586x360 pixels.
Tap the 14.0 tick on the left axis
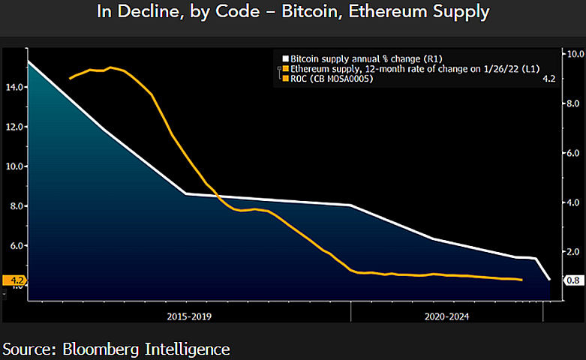(14, 87)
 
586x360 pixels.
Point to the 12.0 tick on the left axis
(14, 127)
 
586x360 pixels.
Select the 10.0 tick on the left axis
(14, 166)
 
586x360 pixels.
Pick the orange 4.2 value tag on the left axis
(14, 281)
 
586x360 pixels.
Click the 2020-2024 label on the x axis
(447, 316)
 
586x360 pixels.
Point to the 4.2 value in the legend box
(548, 78)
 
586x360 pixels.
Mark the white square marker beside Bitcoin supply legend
(285, 58)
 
